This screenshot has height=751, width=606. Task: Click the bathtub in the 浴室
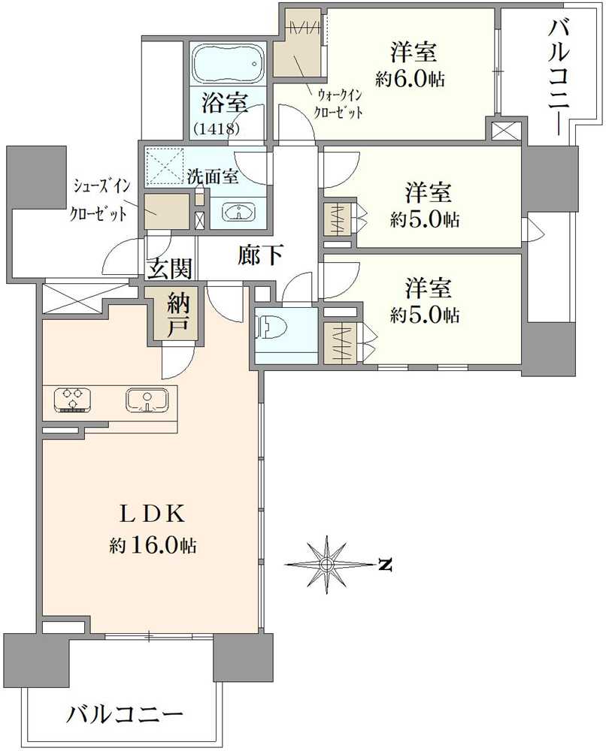(227, 63)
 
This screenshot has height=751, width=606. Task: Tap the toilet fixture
(268, 329)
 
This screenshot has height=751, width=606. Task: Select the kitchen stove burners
(73, 400)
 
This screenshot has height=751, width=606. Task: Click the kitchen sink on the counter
(147, 400)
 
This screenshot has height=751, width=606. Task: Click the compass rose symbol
(327, 564)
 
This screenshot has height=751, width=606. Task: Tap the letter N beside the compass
(385, 565)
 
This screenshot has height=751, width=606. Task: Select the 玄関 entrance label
(169, 268)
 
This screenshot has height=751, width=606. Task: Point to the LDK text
(152, 514)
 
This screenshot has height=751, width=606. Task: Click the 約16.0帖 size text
(153, 544)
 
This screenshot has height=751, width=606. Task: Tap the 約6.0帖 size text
(410, 79)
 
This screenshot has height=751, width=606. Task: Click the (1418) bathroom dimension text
(217, 128)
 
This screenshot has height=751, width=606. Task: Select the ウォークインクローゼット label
(338, 104)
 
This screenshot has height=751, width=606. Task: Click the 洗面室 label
(212, 176)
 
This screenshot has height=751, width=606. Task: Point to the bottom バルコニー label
(125, 716)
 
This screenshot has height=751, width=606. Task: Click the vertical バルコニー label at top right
(559, 74)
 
